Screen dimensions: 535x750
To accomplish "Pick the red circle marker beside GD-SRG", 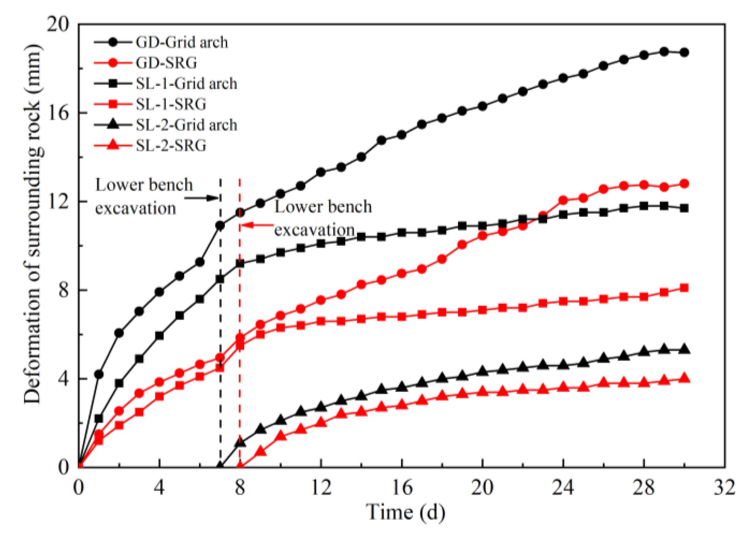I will click(113, 63).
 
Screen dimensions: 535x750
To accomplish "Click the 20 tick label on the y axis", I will click(57, 24).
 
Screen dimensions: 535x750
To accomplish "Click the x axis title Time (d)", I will click(405, 512).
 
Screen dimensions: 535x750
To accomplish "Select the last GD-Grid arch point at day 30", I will click(684, 53).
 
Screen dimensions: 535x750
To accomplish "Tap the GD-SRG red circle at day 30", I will click(684, 184).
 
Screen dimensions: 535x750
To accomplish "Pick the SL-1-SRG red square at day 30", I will click(684, 288).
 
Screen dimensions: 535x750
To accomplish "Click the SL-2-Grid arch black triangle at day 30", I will click(684, 350).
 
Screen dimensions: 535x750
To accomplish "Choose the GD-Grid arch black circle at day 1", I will click(99, 374).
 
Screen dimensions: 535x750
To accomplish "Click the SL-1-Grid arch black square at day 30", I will click(684, 208).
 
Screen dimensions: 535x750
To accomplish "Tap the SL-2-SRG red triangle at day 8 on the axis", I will click(240, 466).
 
